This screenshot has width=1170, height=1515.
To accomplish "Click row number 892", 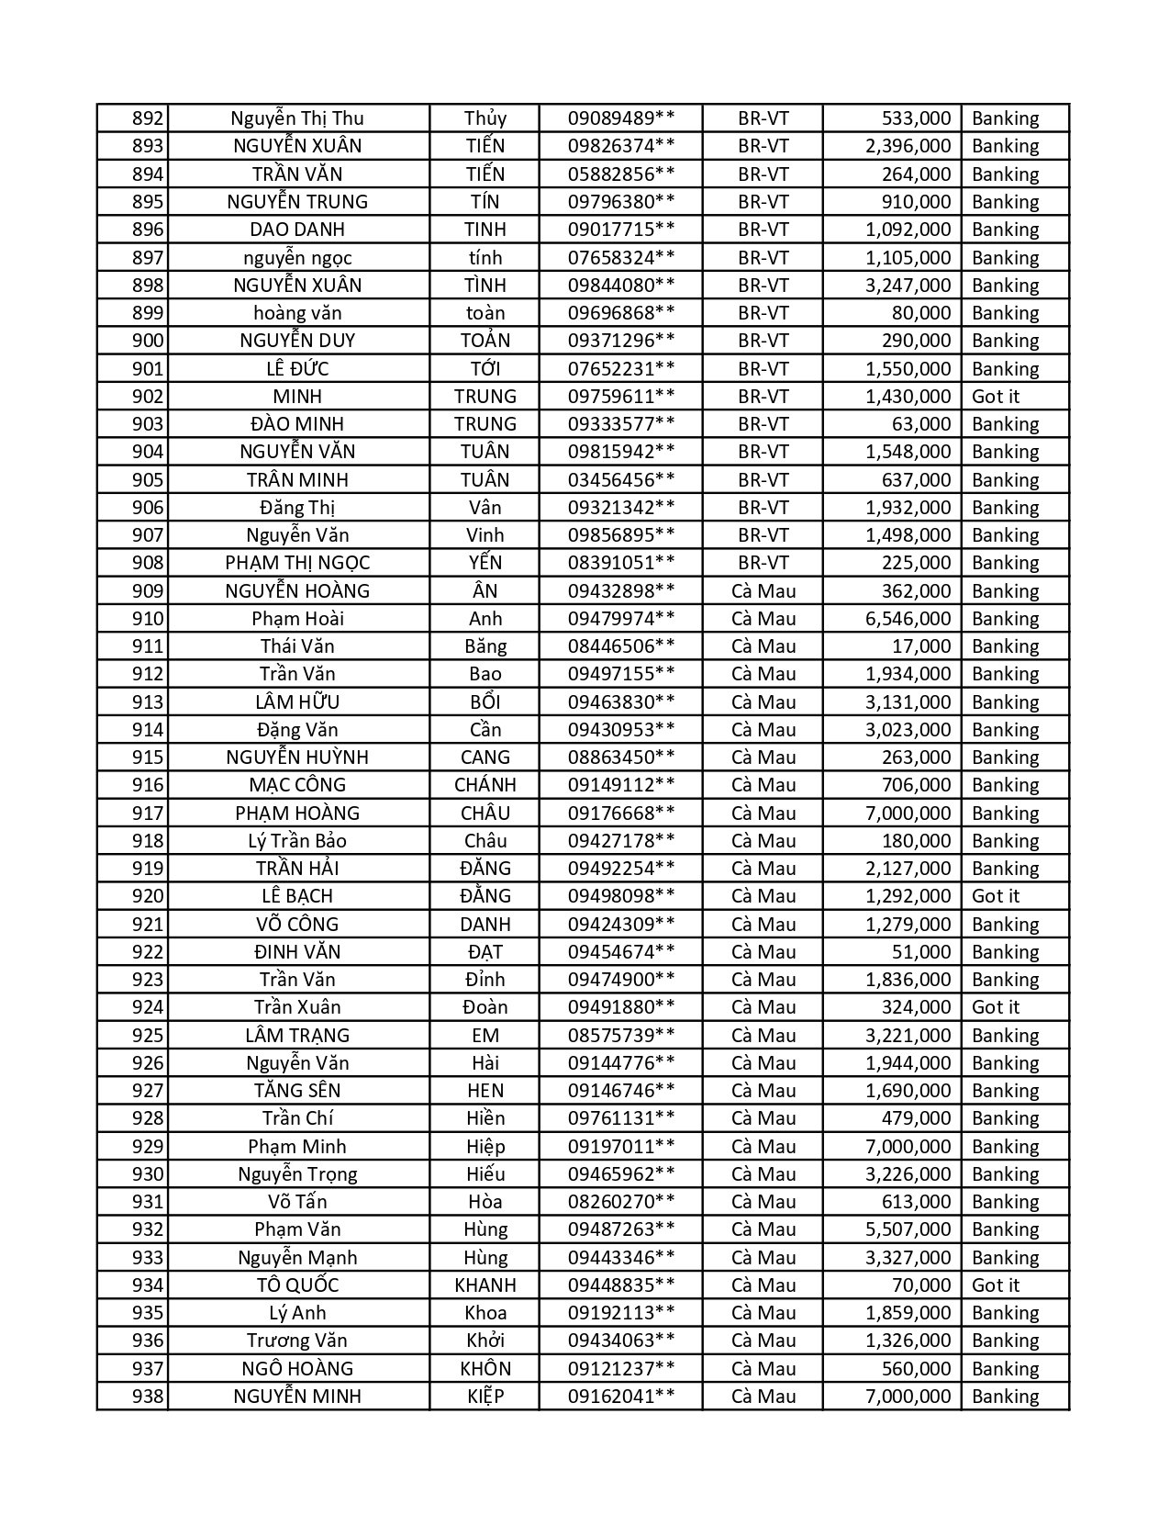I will (x=148, y=118).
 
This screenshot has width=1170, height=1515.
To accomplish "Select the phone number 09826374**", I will (x=621, y=146).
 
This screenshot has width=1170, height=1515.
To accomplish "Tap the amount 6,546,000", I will (x=908, y=619).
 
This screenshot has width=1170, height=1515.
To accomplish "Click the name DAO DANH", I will (x=297, y=230).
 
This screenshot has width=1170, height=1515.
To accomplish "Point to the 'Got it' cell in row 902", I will (x=996, y=397).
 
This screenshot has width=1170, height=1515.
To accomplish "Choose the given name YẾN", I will (x=485, y=563).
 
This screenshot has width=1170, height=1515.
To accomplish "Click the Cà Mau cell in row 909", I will (x=763, y=591).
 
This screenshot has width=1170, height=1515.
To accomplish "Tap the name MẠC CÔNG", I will (x=297, y=785).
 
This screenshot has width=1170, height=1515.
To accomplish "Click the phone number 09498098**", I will (x=621, y=896).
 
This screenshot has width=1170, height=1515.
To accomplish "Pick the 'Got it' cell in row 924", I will (x=996, y=1007).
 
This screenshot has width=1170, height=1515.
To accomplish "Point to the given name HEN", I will (x=485, y=1091).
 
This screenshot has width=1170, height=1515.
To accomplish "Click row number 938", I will (x=148, y=1397).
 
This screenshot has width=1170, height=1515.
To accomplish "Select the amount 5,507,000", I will (x=908, y=1229).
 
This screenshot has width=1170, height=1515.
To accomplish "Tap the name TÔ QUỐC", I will (x=297, y=1285).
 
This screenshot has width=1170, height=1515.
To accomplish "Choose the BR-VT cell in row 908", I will (x=763, y=563).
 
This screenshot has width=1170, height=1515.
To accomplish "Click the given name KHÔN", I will (x=485, y=1369).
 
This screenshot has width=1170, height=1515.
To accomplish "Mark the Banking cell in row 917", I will (x=1006, y=814).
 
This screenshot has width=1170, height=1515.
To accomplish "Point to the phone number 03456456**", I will (x=621, y=480).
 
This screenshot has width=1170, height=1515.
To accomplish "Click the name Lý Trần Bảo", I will (x=297, y=841).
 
